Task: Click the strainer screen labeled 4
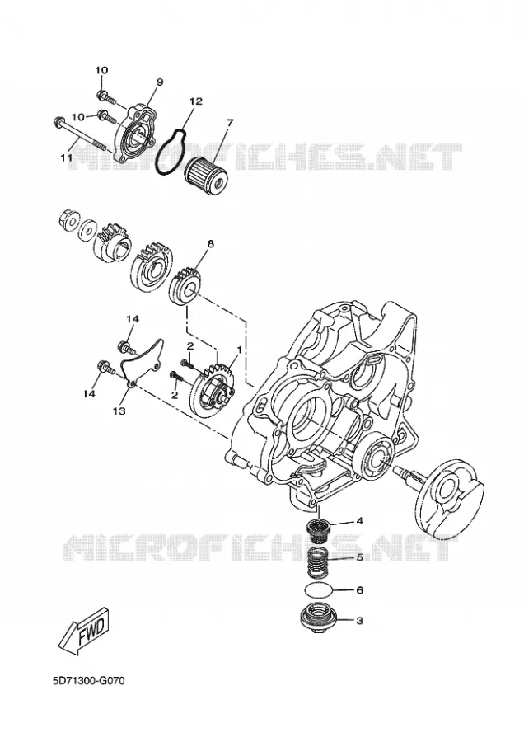coord(319,528)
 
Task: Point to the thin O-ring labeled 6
coord(318,591)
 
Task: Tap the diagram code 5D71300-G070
coord(89,683)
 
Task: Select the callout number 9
coord(159,82)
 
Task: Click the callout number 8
coord(210,244)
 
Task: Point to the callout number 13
coord(119,411)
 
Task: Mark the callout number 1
coord(239,350)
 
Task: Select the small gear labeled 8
coord(186,289)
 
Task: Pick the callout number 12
coord(196,101)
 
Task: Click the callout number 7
coord(230,123)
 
